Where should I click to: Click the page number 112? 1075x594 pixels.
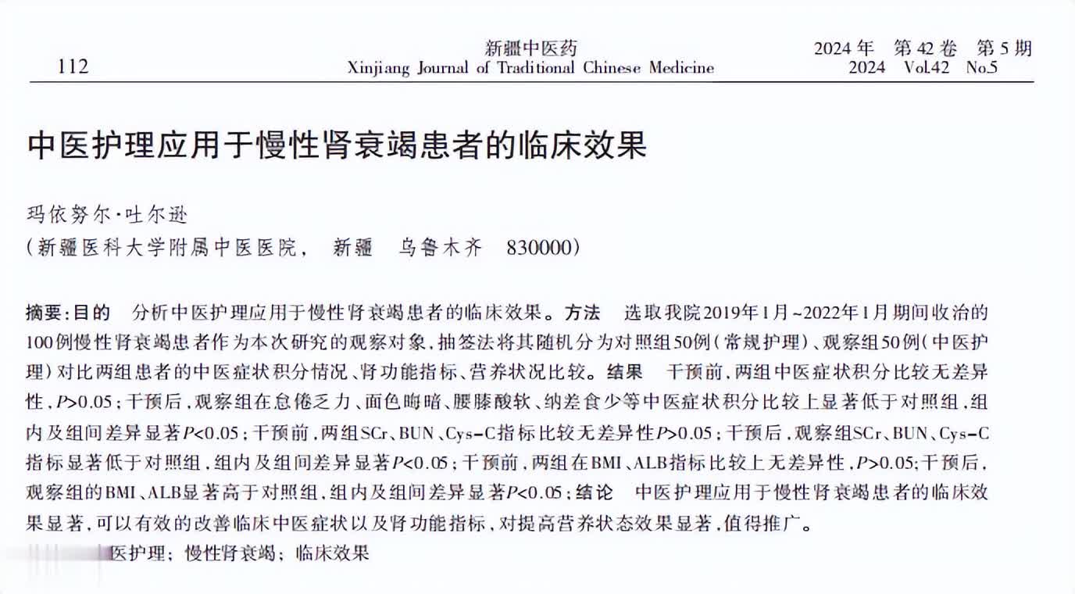[x=73, y=66]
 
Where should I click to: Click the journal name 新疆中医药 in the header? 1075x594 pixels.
[x=530, y=48]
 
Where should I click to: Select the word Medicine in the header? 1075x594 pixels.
[x=680, y=67]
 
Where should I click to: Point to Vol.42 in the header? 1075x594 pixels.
[x=926, y=67]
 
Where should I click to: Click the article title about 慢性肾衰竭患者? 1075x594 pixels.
[x=338, y=145]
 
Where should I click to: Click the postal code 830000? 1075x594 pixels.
[x=541, y=248]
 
